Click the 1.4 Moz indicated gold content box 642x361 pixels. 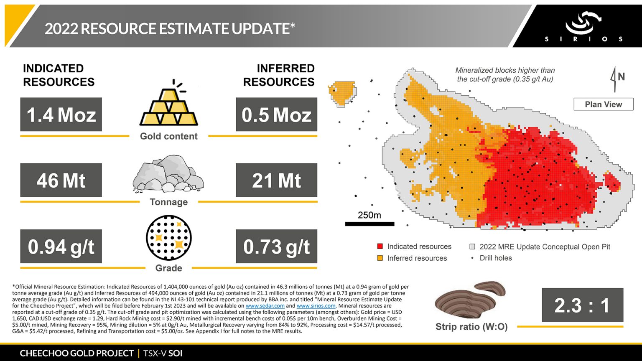pyautogui.click(x=61, y=114)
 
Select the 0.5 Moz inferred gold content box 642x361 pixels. pyautogui.click(x=276, y=114)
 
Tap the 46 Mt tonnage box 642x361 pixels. pyautogui.click(x=61, y=180)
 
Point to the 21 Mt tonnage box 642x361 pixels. pyautogui.click(x=276, y=180)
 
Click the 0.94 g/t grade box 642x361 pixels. pyautogui.click(x=61, y=246)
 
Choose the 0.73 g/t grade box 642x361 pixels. pyautogui.click(x=276, y=246)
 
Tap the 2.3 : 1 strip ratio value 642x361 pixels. pyautogui.click(x=582, y=305)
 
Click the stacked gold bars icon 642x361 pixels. pyautogui.click(x=169, y=107)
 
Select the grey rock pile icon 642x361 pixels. pyautogui.click(x=168, y=174)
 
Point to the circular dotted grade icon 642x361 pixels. pyautogui.click(x=169, y=238)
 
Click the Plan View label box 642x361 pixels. pyautogui.click(x=603, y=104)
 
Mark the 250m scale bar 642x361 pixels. pyautogui.click(x=369, y=224)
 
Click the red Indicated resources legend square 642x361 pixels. pyautogui.click(x=380, y=247)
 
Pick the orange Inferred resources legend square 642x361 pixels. pyautogui.click(x=380, y=258)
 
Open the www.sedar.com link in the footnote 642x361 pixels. pyautogui.click(x=265, y=306)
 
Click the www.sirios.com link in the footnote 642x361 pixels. pyautogui.click(x=316, y=306)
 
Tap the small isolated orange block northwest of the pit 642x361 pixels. pyautogui.click(x=342, y=92)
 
